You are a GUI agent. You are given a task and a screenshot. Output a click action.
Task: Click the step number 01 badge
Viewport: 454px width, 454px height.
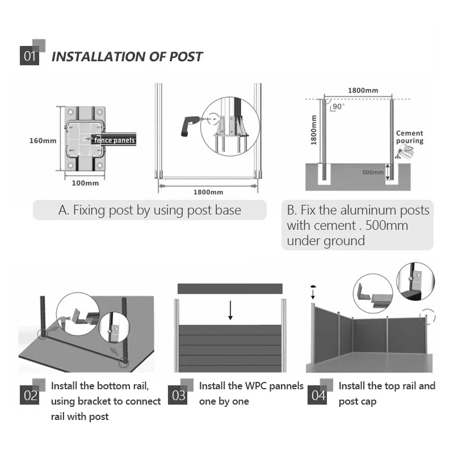pos(30,57)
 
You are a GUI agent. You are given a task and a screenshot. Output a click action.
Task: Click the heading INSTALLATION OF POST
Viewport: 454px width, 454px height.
pos(127,57)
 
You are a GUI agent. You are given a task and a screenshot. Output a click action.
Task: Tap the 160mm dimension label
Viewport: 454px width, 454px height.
pos(43,140)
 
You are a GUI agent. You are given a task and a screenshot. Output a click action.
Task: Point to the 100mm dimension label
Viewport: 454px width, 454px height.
pos(85,183)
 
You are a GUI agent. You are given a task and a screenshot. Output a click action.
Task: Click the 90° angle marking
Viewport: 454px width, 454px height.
pos(338,106)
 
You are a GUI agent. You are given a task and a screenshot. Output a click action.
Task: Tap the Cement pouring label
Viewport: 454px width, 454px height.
pos(409,137)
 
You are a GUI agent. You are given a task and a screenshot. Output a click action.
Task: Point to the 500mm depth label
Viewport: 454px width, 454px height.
pos(373,172)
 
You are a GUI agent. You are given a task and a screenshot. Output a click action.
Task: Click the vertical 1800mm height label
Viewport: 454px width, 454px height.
pos(314,129)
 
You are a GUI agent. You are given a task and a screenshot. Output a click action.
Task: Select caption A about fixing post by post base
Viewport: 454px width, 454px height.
pos(150,210)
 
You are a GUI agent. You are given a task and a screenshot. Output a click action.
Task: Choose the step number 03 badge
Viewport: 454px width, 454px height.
pos(178,395)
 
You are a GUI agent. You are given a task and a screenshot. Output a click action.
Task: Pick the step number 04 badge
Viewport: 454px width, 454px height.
pos(318,395)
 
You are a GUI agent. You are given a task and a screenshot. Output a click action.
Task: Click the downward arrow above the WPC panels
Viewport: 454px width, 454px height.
pos(230,310)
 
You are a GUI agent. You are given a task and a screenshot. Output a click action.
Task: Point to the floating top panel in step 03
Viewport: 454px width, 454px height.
pos(230,288)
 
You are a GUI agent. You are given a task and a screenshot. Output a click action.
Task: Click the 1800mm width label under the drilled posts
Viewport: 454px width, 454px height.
pos(208,192)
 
